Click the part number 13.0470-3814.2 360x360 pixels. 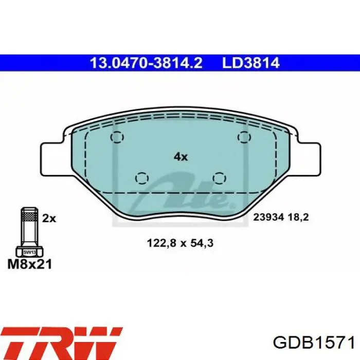pyautogui.click(x=146, y=63)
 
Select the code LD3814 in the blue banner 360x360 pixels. pyautogui.click(x=251, y=63)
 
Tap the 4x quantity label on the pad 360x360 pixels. pyautogui.click(x=181, y=157)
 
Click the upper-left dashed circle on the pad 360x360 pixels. pyautogui.click(x=117, y=137)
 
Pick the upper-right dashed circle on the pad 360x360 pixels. pyautogui.click(x=244, y=137)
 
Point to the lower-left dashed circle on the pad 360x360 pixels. pyautogui.click(x=142, y=178)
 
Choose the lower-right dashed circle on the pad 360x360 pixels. pyautogui.click(x=219, y=178)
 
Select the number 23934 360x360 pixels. pyautogui.click(x=268, y=217)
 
